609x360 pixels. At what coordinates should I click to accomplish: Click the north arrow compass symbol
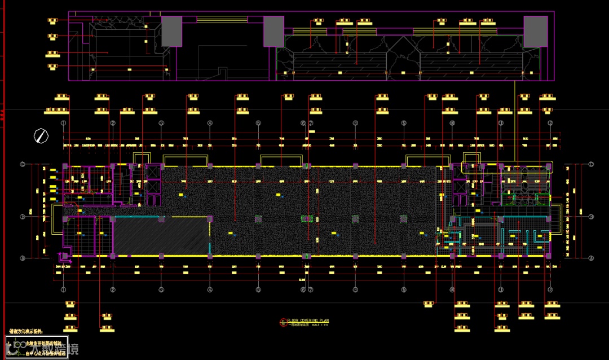(x=41, y=135)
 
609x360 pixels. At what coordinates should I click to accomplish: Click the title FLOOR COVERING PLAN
(x=307, y=321)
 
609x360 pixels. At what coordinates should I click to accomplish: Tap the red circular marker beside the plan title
(x=283, y=323)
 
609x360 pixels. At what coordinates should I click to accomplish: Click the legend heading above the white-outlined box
(x=25, y=332)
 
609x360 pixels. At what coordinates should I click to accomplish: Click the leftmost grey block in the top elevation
(x=172, y=31)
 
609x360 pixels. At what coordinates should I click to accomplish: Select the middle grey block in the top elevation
(x=273, y=31)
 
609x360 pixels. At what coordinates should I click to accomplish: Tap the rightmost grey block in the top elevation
(x=535, y=31)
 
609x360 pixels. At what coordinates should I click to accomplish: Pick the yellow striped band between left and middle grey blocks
(x=222, y=19)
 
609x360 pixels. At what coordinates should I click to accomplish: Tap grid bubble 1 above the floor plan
(x=64, y=123)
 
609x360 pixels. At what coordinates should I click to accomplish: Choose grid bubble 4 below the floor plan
(x=209, y=290)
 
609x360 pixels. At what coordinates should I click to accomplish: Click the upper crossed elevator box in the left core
(x=153, y=172)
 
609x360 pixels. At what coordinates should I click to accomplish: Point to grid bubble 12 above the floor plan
(x=550, y=123)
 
